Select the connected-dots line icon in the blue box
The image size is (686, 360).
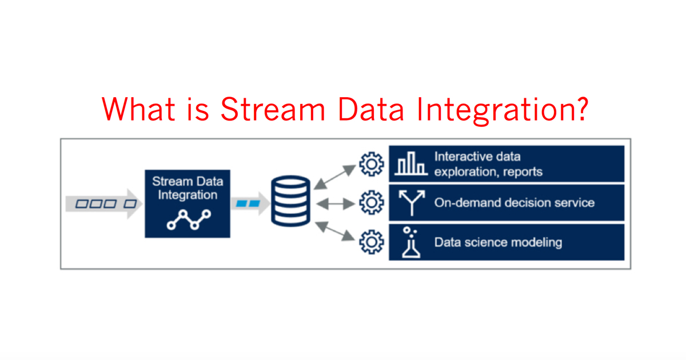point(188,219)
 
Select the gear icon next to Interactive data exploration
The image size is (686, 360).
point(370,164)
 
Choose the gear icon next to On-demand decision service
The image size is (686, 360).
point(370,203)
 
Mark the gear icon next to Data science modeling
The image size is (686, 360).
point(370,242)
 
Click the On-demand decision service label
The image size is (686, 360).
point(514,203)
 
